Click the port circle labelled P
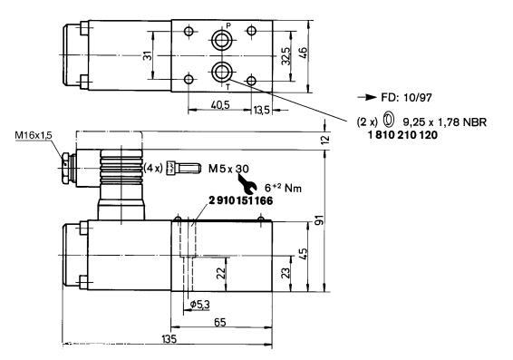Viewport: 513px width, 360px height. [222, 41]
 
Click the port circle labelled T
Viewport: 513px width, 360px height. [222, 72]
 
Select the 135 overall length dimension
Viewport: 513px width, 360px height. [169, 339]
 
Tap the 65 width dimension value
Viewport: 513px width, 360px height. [220, 322]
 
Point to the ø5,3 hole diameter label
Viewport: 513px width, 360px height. [200, 305]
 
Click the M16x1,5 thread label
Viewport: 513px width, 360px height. [34, 135]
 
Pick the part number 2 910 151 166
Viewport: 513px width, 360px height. [240, 200]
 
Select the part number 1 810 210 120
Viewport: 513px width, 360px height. [402, 135]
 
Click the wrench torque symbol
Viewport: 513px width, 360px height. [247, 183]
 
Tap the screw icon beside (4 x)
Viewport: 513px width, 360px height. [183, 169]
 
